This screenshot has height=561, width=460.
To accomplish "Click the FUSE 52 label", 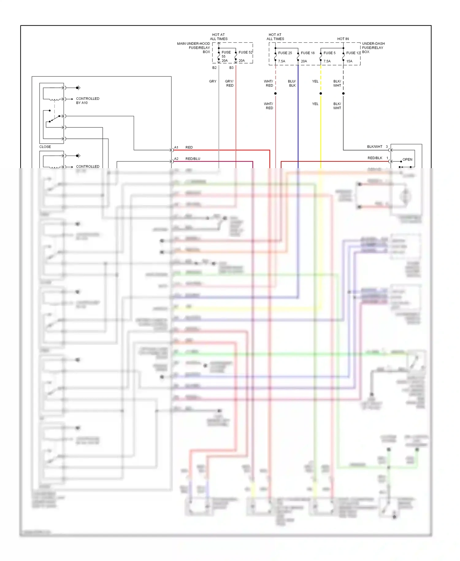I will coord(245,52).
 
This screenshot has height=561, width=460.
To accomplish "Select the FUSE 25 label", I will coord(285,53).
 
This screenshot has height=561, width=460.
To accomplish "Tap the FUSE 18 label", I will coord(308,53).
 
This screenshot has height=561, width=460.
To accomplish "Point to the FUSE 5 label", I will coord(329,53).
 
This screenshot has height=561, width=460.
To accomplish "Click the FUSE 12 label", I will coord(353,53).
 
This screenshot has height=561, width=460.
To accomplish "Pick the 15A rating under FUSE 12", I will coord(349,61).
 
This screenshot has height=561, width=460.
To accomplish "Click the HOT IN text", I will coord(343,39).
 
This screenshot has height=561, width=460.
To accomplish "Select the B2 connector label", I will coord(214,68).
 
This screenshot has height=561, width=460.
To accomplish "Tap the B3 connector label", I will coord(231,68).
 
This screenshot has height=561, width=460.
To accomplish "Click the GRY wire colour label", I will coord(213,82).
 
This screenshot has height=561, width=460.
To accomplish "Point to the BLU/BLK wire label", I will coord(292,83).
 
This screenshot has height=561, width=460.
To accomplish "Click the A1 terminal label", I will coord(176,148).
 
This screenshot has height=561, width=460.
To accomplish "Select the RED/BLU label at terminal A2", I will coord(193,159).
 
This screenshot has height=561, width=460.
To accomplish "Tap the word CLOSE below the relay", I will coord(45,147).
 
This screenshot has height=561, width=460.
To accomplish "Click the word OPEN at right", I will coord(407,160).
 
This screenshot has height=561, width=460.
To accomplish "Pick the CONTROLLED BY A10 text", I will coord(87,101).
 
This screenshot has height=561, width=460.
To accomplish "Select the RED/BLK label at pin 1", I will coord(375,158).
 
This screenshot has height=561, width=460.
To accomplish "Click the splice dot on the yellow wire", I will coord(321,93).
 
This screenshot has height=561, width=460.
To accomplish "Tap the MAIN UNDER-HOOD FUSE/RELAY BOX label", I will coord(194,48).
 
